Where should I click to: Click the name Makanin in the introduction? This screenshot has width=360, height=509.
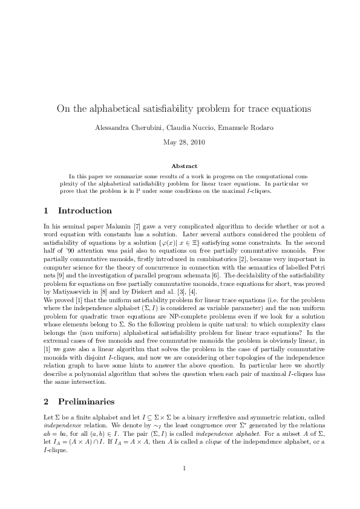pyautogui.click(x=114, y=226)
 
